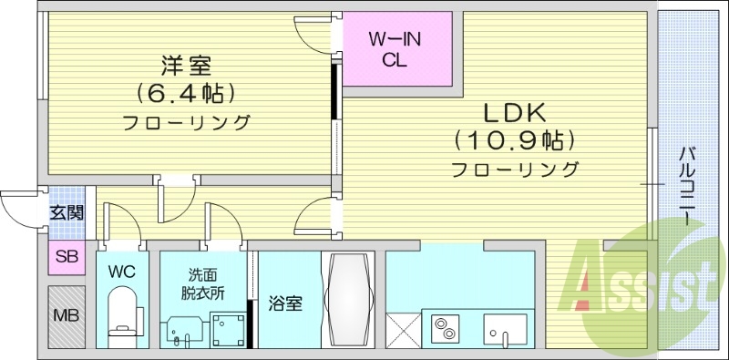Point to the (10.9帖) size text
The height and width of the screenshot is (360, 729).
click(x=514, y=140)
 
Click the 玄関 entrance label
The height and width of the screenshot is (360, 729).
click(x=67, y=213)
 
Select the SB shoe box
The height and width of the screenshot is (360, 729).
click(x=67, y=257)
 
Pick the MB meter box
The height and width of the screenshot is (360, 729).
click(x=66, y=316)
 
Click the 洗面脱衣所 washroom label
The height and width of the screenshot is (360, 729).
click(x=205, y=283)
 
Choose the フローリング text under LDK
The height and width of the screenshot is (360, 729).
click(x=515, y=169)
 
